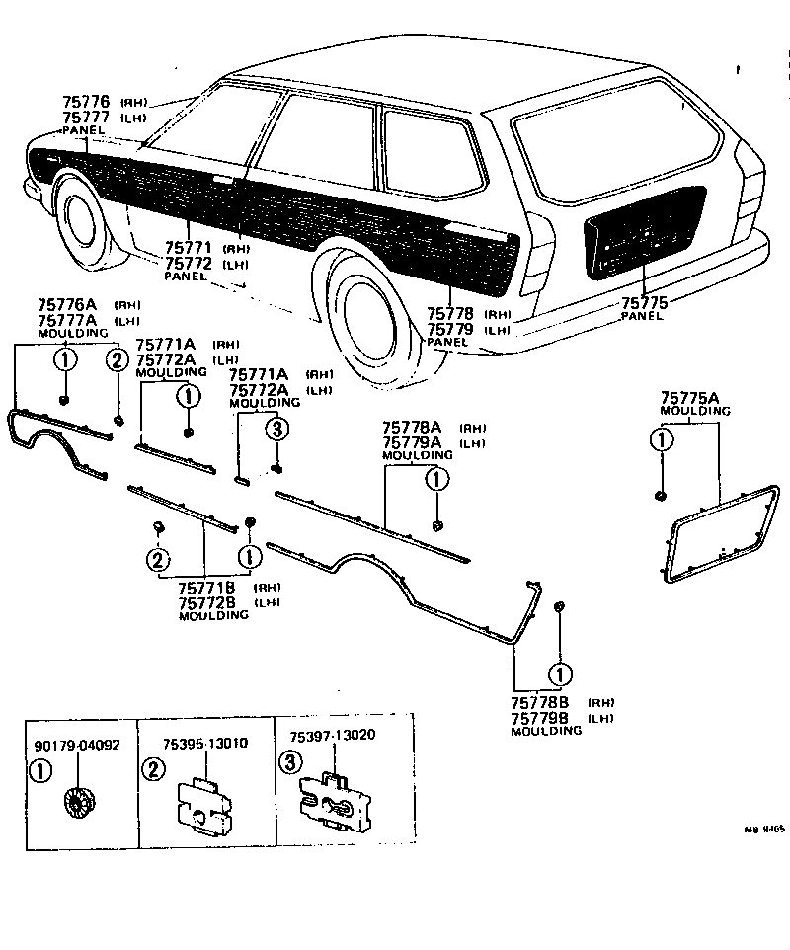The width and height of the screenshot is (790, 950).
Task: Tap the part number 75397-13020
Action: click(333, 737)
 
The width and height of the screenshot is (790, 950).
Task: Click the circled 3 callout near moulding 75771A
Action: click(277, 428)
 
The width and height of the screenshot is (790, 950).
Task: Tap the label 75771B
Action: click(205, 589)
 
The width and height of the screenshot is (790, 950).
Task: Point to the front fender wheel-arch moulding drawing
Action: click(59, 440)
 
